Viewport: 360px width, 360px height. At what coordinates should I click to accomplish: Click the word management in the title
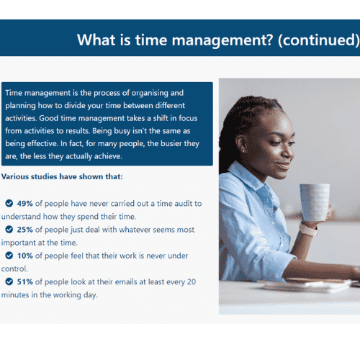tap(222, 40)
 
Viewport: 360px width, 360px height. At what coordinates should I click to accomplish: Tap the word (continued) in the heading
tap(319, 40)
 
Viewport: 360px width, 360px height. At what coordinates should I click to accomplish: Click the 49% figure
tap(24, 204)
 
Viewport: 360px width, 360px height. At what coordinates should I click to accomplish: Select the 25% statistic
tap(24, 230)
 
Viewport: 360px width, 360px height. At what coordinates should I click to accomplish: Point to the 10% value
tap(24, 256)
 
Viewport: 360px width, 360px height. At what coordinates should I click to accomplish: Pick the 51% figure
tap(24, 282)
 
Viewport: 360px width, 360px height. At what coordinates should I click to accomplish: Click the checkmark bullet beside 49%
tap(9, 203)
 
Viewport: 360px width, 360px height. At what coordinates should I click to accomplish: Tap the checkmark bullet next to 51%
tap(9, 282)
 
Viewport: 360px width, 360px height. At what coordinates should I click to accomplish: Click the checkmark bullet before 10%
tap(9, 256)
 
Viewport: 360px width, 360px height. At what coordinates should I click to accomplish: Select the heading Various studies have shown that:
tap(62, 176)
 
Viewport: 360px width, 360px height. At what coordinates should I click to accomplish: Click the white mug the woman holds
tap(315, 202)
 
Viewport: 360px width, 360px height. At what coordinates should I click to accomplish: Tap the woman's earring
tap(243, 151)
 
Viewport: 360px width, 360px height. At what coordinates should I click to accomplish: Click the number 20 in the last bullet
tap(192, 282)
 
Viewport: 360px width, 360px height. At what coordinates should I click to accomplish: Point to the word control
tap(14, 269)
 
